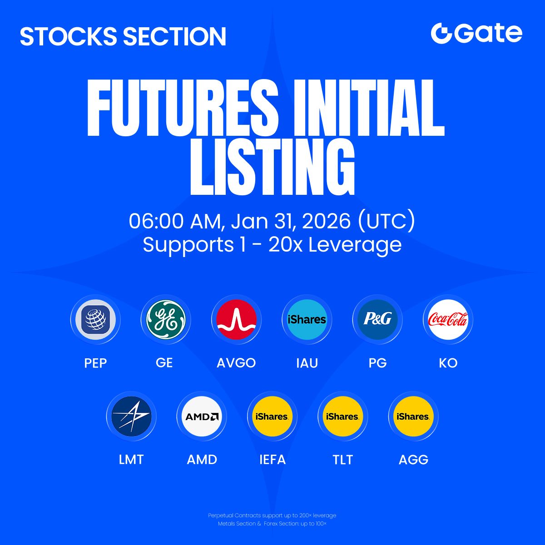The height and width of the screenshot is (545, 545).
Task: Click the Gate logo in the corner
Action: coord(476,34)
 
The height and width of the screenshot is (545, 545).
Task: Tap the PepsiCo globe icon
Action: coord(95,319)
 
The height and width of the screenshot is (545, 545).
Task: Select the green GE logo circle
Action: coord(166,319)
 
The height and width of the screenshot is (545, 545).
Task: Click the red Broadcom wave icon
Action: coord(237,319)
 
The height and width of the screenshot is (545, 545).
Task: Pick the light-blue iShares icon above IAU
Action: coord(307,319)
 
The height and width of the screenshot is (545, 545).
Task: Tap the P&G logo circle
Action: coord(377,319)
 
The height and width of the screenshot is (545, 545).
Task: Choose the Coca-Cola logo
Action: coord(448,319)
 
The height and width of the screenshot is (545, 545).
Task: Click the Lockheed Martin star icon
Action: coord(131,416)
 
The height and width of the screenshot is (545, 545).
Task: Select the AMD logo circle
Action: coord(202,416)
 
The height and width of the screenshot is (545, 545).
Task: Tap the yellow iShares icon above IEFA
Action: coord(272,416)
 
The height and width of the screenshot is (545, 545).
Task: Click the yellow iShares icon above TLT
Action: coord(342,416)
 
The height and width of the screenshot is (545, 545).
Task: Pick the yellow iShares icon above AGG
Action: coord(413,416)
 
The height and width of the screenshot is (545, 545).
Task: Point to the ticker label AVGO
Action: coord(236,363)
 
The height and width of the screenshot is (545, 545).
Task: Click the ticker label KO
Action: coord(448,363)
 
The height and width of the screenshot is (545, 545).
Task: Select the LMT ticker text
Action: coord(131,460)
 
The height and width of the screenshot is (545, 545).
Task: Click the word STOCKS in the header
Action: coord(69,36)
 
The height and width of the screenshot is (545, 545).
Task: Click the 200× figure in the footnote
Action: coord(306,515)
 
